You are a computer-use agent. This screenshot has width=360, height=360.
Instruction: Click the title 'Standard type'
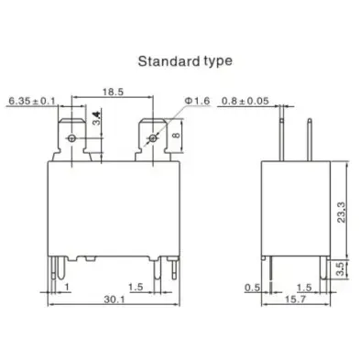tap(185, 61)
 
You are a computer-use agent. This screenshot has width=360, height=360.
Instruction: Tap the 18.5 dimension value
tap(113, 92)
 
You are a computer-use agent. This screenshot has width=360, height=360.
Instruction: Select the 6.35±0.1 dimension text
tap(31, 101)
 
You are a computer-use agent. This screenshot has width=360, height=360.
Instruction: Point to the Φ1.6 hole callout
tap(198, 101)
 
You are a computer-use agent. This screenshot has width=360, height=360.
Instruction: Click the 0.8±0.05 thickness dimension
tap(245, 101)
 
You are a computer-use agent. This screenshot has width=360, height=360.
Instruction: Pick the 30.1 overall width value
tap(115, 300)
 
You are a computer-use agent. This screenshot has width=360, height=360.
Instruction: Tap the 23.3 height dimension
tap(342, 212)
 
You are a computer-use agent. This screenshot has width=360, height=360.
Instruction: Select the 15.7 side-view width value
tap(295, 300)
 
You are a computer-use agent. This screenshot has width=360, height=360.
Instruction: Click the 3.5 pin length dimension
tap(340, 268)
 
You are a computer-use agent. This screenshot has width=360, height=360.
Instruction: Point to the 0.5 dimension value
tap(252, 288)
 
